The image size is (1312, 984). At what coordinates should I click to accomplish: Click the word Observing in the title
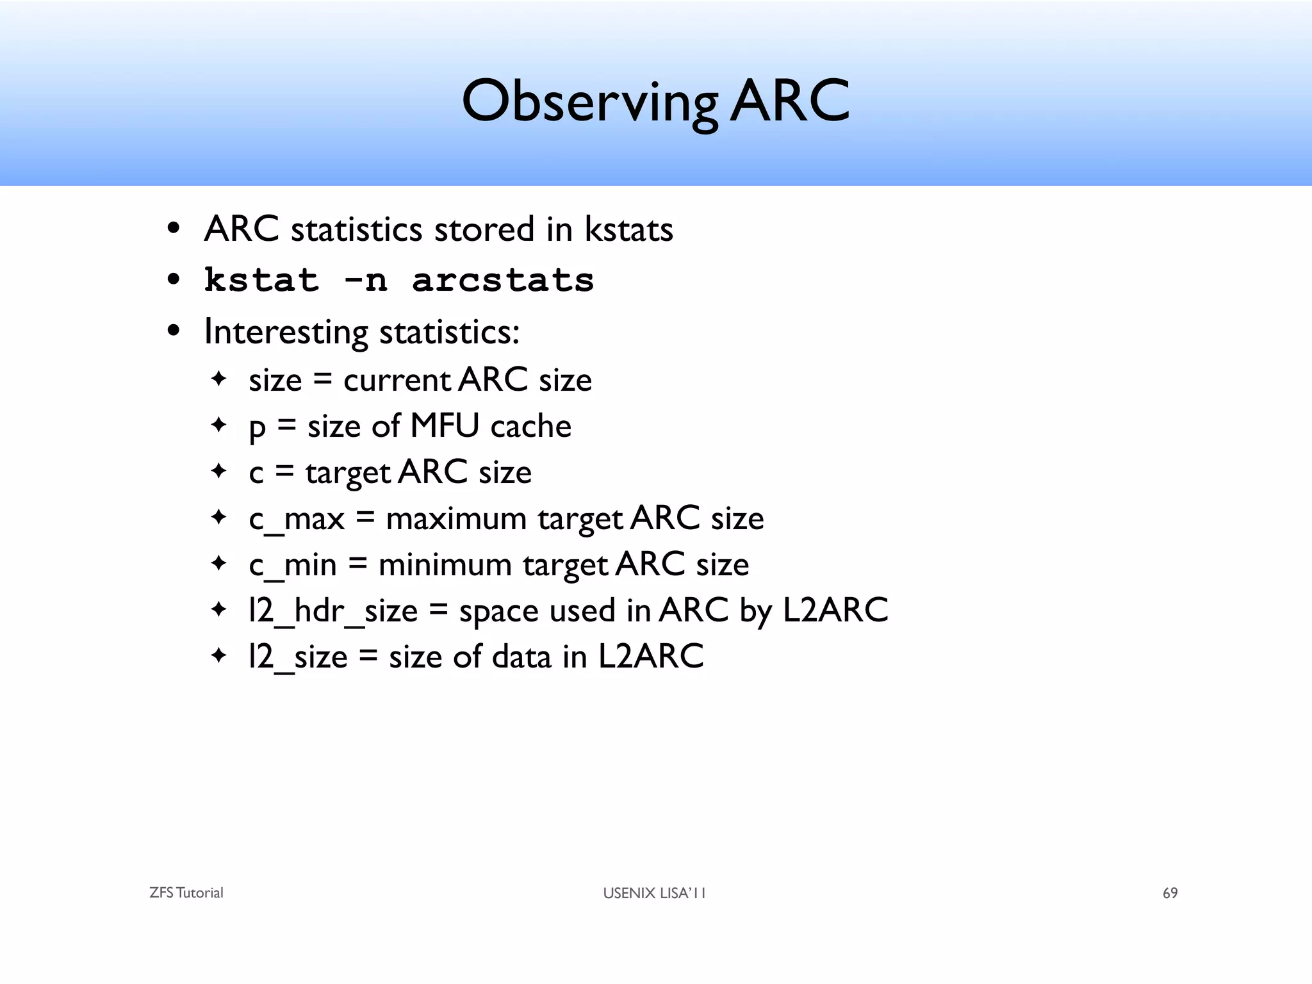click(589, 102)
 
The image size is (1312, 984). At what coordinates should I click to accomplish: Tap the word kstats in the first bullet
click(628, 229)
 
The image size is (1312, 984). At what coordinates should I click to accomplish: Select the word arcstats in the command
click(503, 281)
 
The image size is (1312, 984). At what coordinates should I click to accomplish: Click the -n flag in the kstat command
click(365, 281)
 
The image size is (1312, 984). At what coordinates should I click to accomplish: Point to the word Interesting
click(286, 332)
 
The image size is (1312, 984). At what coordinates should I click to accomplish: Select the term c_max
click(297, 518)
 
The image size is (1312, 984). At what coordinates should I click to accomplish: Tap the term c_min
click(293, 565)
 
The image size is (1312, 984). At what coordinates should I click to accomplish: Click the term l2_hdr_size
click(333, 611)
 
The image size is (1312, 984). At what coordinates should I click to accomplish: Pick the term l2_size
click(298, 657)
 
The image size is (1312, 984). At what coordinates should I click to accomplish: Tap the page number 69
click(1170, 893)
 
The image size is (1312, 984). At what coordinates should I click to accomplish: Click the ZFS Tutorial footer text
click(186, 893)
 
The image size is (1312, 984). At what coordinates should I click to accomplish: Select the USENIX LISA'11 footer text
click(654, 893)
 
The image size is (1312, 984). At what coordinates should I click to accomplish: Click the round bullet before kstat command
click(173, 281)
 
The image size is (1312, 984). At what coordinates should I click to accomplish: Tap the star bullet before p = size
click(219, 425)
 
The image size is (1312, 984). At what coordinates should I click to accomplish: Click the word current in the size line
click(397, 380)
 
